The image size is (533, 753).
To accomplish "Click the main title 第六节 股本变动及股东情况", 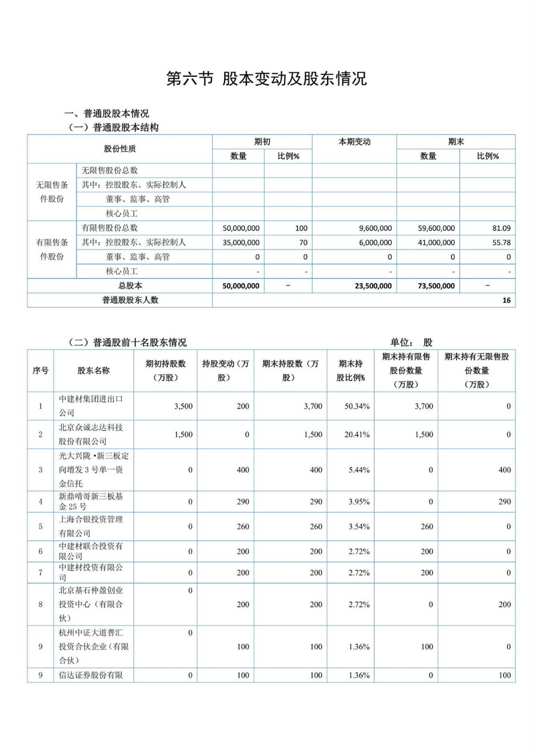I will tap(266, 79).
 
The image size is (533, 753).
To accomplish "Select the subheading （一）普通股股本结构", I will tap(114, 128).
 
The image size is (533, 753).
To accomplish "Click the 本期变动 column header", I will tap(354, 142).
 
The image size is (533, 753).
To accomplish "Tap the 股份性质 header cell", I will tap(119, 149).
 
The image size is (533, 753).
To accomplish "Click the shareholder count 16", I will tap(506, 300).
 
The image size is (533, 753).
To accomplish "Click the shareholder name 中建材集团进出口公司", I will tap(91, 406).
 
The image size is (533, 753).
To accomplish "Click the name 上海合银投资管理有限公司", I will tap(91, 526).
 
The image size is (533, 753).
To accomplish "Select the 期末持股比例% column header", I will tap(350, 371).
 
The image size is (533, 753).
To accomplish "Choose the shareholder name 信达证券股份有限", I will tap(91, 675).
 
